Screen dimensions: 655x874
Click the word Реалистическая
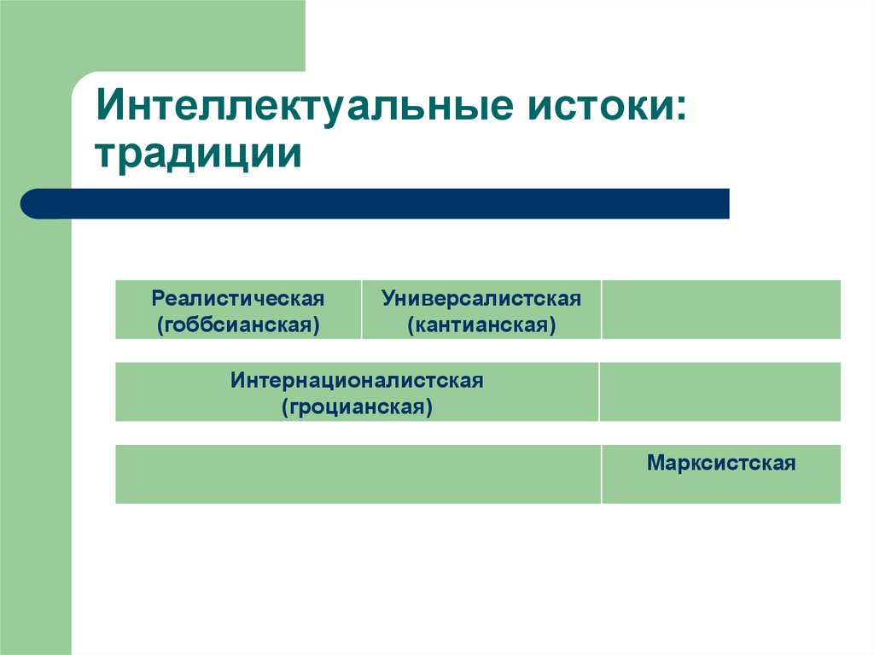(x=238, y=299)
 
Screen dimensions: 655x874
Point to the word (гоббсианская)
(x=238, y=325)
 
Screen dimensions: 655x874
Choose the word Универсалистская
(x=481, y=299)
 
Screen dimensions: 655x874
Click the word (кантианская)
(x=481, y=325)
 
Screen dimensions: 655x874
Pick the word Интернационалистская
(x=357, y=381)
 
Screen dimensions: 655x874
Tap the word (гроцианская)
(x=357, y=406)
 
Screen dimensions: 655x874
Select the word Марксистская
(x=721, y=464)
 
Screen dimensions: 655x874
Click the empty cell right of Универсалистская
(x=721, y=309)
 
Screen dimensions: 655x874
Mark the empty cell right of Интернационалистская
(x=720, y=392)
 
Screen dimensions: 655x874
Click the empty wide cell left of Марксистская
(x=358, y=474)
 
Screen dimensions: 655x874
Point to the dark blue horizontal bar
(x=384, y=204)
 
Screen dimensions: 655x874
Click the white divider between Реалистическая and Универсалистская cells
(x=362, y=309)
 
